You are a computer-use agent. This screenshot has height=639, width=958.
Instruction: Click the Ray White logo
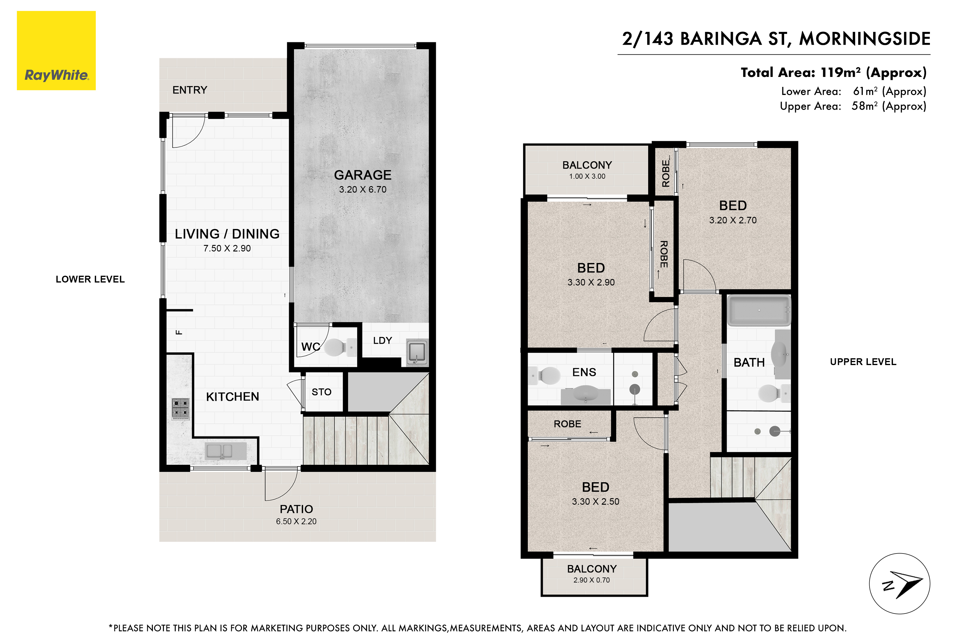click(56, 51)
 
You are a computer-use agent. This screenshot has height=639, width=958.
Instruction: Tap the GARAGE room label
click(363, 175)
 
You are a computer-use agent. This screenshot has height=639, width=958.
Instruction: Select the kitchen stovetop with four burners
click(180, 408)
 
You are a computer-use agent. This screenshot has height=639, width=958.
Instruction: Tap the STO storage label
click(321, 392)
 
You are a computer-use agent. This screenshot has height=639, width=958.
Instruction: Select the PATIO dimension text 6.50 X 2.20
click(296, 522)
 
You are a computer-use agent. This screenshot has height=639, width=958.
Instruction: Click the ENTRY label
click(190, 90)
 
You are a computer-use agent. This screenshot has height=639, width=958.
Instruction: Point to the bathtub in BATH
click(759, 311)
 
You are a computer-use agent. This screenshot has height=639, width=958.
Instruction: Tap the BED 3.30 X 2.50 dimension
click(595, 502)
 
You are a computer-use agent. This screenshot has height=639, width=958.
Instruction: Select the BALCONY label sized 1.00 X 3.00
click(587, 165)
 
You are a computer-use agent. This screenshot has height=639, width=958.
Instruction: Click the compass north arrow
click(906, 584)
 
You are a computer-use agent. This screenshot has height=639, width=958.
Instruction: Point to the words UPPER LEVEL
click(863, 362)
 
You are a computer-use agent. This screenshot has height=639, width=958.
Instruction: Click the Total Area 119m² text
click(833, 72)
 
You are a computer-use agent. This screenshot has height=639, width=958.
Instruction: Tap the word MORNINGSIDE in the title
click(865, 39)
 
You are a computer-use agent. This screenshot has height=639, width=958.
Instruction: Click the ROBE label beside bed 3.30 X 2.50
click(567, 424)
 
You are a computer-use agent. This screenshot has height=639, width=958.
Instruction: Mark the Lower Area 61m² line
click(853, 91)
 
